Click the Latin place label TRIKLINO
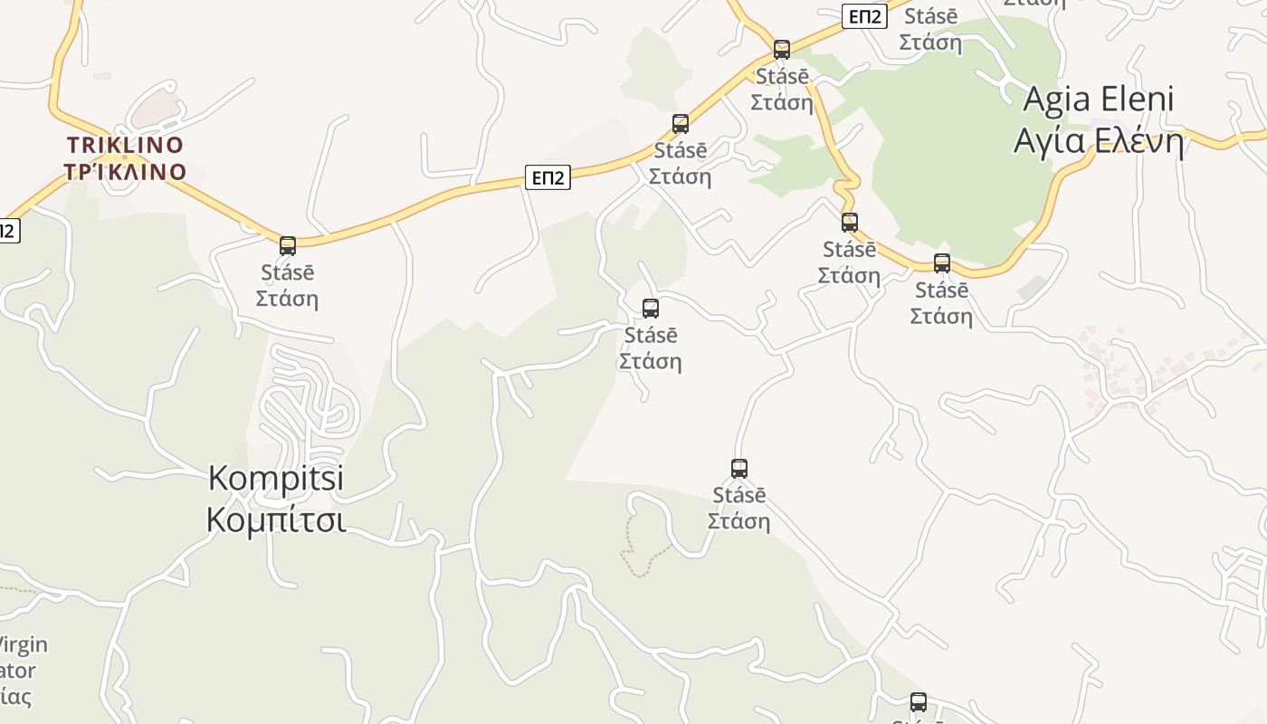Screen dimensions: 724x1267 pyautogui.click(x=125, y=145)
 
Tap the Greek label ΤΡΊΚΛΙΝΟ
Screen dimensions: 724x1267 pyautogui.click(x=125, y=172)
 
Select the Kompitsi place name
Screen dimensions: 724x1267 pyautogui.click(x=276, y=478)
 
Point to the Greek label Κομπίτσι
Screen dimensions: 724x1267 pyautogui.click(x=276, y=521)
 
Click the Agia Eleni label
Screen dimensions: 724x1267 pyautogui.click(x=1098, y=100)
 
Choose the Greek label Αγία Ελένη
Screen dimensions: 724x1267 pyautogui.click(x=1098, y=141)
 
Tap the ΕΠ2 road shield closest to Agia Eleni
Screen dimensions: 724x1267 pyautogui.click(x=863, y=16)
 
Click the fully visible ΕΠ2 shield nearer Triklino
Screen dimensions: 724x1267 pyautogui.click(x=548, y=177)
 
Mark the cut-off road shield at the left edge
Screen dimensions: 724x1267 pyautogui.click(x=7, y=230)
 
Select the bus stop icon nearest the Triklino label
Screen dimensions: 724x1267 pyautogui.click(x=288, y=245)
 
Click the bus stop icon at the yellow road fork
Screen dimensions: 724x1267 pyautogui.click(x=782, y=49)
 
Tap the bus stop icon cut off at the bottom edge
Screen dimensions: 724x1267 pyautogui.click(x=919, y=702)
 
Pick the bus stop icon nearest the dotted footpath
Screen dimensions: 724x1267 pyautogui.click(x=739, y=469)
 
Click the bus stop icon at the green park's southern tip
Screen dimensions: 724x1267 pyautogui.click(x=942, y=263)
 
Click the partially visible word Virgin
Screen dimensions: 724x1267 pyautogui.click(x=22, y=645)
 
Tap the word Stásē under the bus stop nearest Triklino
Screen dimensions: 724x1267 pyautogui.click(x=287, y=272)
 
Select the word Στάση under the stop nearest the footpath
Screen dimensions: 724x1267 pyautogui.click(x=738, y=522)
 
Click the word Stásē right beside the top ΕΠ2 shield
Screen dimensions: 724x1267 pyautogui.click(x=931, y=16)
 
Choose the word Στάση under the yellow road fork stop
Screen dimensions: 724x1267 pyautogui.click(x=782, y=102)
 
